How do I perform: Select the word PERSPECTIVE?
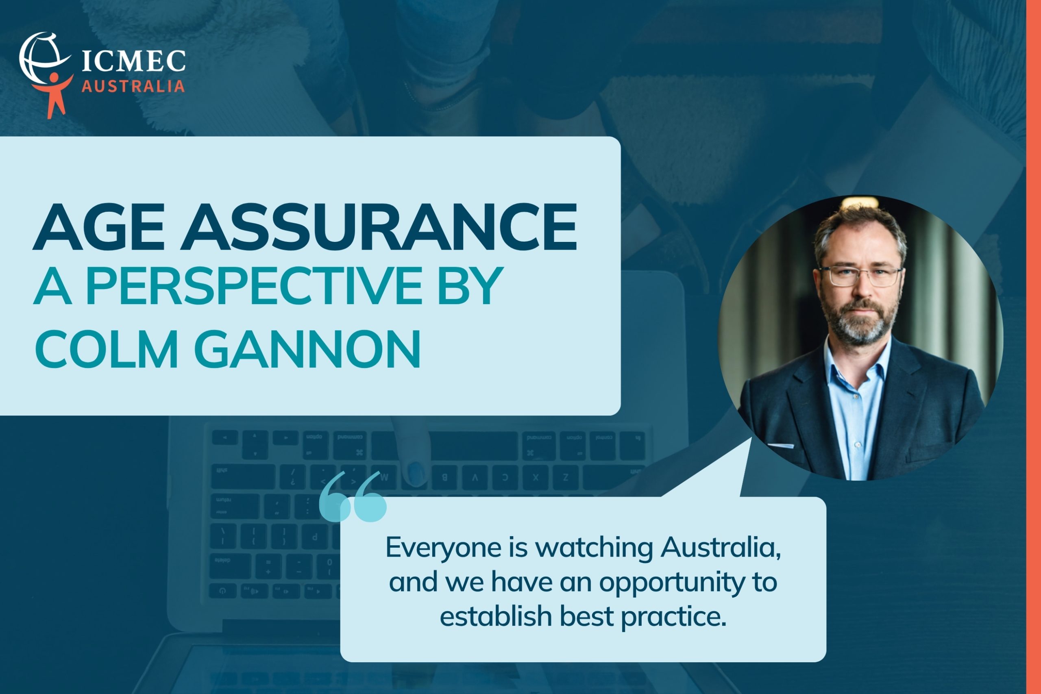255,285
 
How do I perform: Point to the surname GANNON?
307,348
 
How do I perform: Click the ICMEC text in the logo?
134,61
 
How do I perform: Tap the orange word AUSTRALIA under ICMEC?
133,86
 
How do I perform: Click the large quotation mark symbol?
353,496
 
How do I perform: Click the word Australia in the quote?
721,548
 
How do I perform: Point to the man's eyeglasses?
860,276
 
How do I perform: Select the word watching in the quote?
594,548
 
